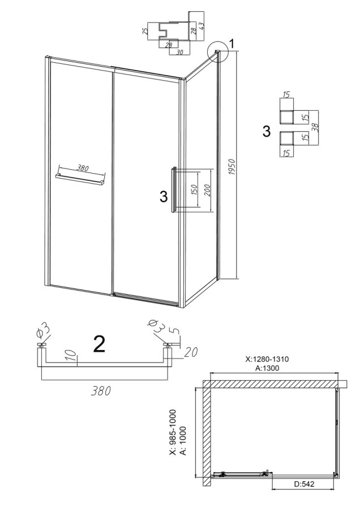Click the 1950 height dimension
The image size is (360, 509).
pos(232,167)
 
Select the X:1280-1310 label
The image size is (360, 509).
pos(267,359)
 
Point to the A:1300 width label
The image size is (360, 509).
pos(267,368)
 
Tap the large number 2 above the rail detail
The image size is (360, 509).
pos(99,344)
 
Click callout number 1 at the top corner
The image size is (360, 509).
pos(232,43)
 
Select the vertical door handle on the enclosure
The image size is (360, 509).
pos(174,189)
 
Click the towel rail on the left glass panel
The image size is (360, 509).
pos(80,180)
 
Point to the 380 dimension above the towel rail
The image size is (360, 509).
pos(82,168)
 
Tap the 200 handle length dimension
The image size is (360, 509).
pos(208,190)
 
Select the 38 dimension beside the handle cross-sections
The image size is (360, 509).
pos(314,126)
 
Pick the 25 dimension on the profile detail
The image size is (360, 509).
pos(146,31)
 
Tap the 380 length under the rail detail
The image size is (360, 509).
pos(101,390)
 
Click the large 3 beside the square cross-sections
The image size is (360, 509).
pos(266,132)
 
